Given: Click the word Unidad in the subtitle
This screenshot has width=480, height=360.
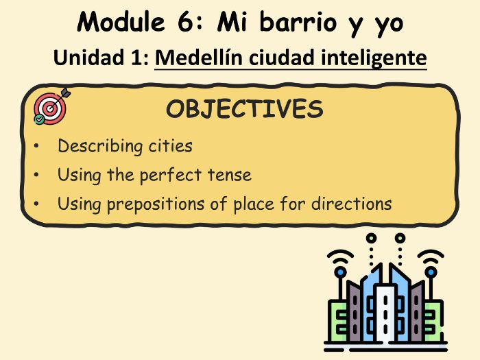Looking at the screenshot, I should click(x=85, y=58).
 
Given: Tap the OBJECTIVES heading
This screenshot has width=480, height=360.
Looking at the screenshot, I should click(x=244, y=110).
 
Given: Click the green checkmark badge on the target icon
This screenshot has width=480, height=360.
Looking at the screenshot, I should click(x=40, y=120).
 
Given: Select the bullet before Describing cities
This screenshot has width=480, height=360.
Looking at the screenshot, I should click(x=36, y=147).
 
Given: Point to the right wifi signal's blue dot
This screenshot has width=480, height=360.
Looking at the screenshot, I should click(x=431, y=271).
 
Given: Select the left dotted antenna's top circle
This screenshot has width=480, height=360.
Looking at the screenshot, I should click(x=371, y=239).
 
